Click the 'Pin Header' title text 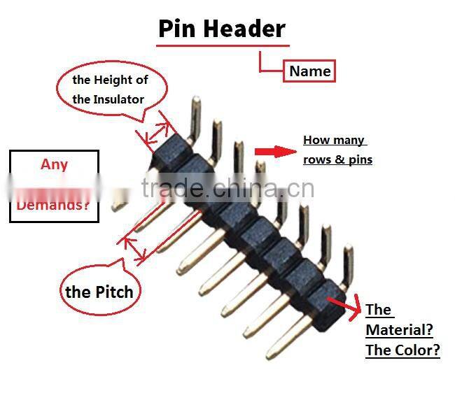pyautogui.click(x=222, y=29)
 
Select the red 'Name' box pyautogui.click(x=309, y=71)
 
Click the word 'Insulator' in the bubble pyautogui.click(x=118, y=99)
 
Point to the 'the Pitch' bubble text pyautogui.click(x=99, y=292)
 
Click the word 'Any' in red pyautogui.click(x=55, y=164)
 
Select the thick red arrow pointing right pyautogui.click(x=275, y=152)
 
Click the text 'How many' pyautogui.click(x=334, y=141)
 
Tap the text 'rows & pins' pyautogui.click(x=338, y=159)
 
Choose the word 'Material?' pyautogui.click(x=399, y=330)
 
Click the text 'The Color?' pyautogui.click(x=402, y=350)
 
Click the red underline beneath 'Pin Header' pyautogui.click(x=223, y=45)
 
